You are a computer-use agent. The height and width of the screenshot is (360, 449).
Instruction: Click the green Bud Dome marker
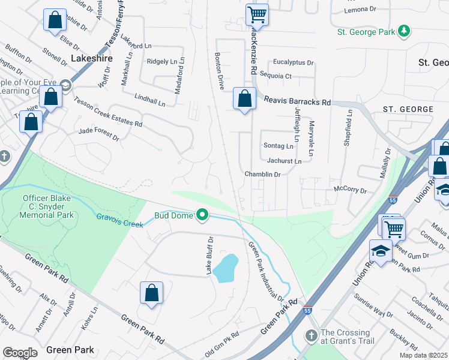pos(203,214)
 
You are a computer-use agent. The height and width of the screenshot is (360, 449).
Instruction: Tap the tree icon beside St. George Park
pos(405,31)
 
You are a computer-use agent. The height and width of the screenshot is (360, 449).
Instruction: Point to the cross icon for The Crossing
pos(311,334)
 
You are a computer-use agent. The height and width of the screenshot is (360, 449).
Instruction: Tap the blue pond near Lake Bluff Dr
pos(226,268)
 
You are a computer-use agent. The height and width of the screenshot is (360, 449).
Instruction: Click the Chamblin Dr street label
pos(262,174)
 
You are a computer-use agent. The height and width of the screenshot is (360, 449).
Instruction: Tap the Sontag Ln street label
pos(279,146)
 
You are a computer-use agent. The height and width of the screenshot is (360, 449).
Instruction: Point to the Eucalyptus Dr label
pos(293,62)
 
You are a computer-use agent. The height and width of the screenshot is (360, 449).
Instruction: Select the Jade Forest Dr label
pos(99,133)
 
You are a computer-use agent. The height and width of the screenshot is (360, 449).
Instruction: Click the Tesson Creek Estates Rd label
pos(108,112)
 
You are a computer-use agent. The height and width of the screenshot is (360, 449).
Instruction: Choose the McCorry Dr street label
pos(350,190)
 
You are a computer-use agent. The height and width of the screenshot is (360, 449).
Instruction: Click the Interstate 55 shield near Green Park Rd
pos(307,311)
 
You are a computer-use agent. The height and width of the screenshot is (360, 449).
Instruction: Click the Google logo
pos(20,353)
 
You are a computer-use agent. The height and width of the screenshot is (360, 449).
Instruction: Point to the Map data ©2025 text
pos(424,355)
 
